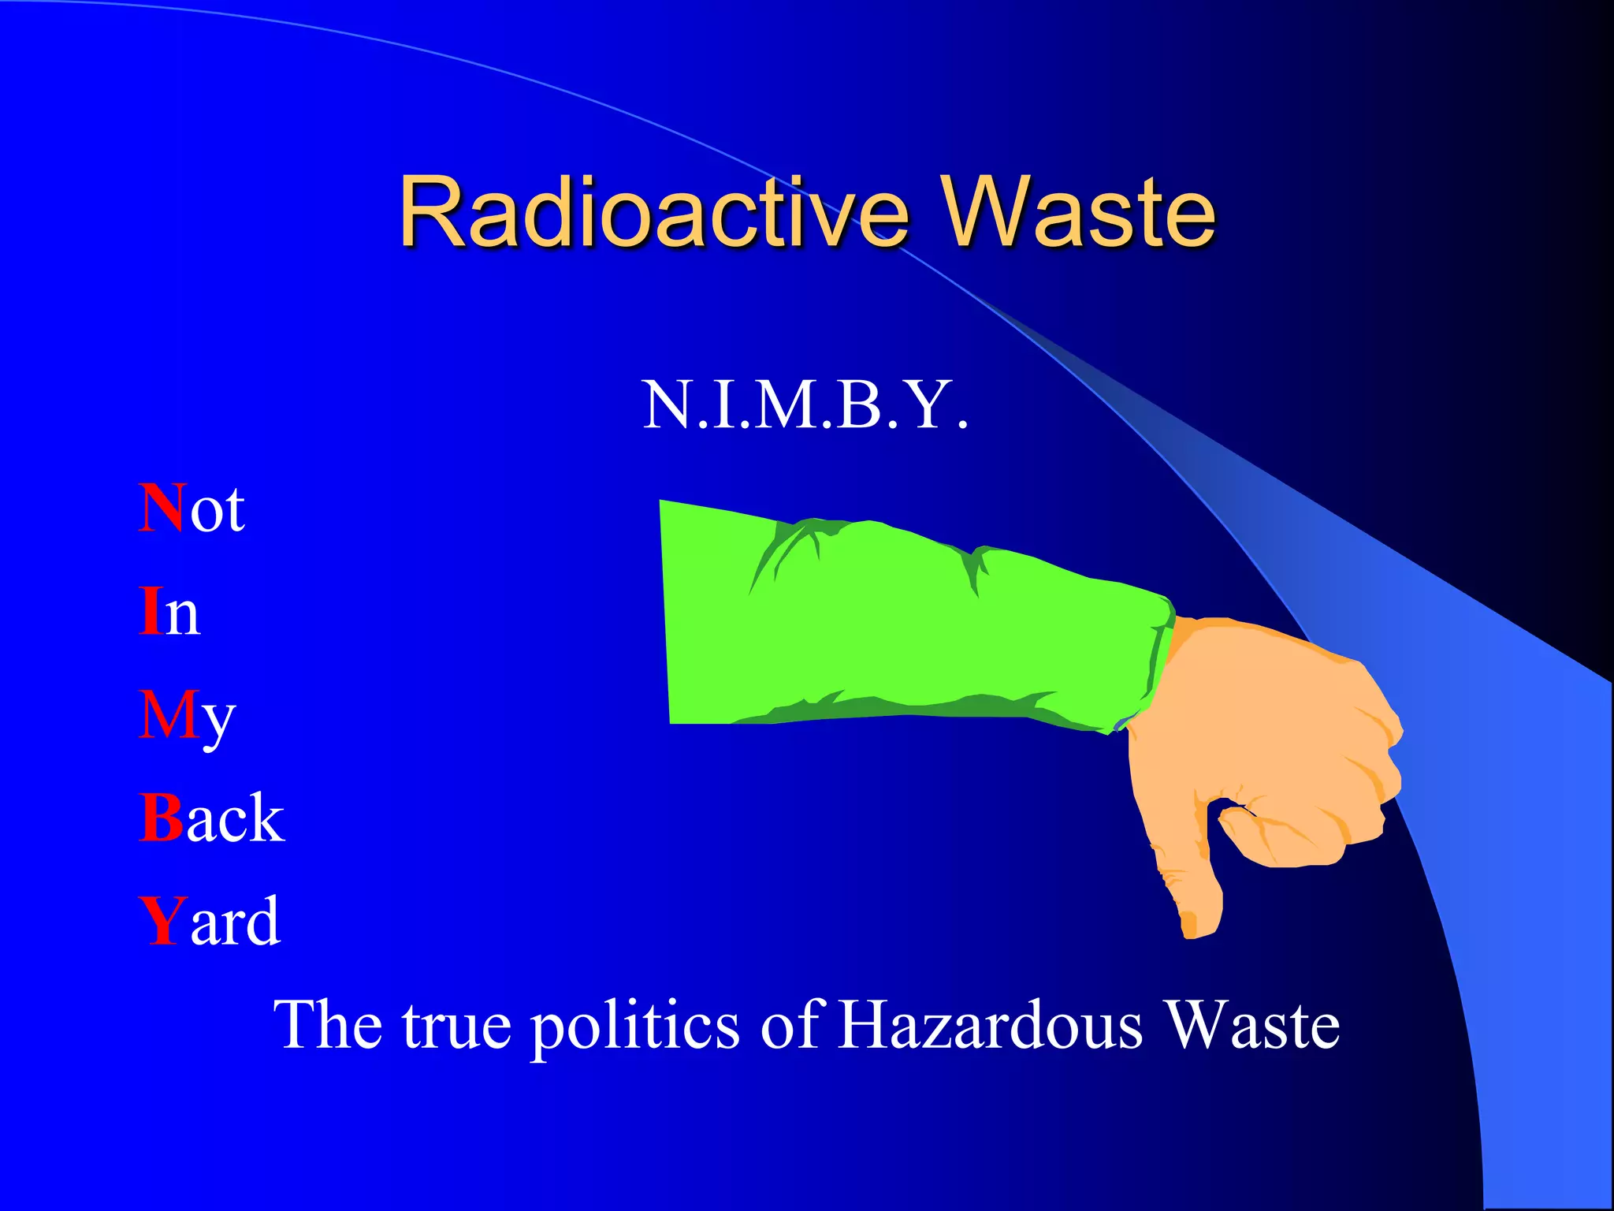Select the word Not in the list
(192, 509)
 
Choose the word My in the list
(187, 716)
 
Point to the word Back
(211, 818)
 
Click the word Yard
(210, 920)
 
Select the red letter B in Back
(161, 818)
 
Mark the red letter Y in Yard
(162, 920)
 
